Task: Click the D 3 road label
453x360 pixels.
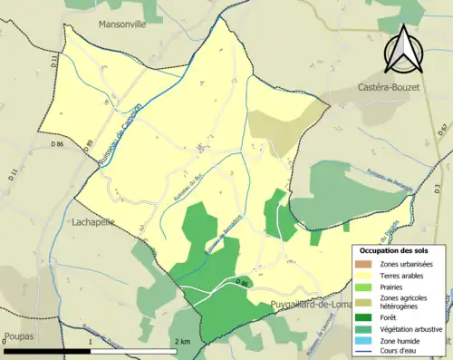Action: (x=438, y=131)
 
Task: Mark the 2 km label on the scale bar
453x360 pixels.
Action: (x=182, y=341)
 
